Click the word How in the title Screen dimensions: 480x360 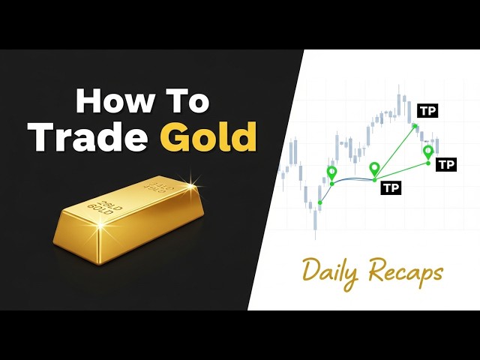114,101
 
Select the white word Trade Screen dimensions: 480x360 88,136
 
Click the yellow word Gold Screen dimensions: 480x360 208,136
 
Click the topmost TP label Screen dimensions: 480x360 427,111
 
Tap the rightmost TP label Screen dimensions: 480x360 446,165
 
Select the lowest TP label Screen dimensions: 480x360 391,187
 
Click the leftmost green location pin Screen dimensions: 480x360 331,172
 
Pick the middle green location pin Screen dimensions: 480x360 374,168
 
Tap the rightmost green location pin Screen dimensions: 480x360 428,151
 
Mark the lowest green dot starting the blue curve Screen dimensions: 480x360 320,202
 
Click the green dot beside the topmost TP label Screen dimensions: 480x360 415,126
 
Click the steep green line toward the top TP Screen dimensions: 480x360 394,153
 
